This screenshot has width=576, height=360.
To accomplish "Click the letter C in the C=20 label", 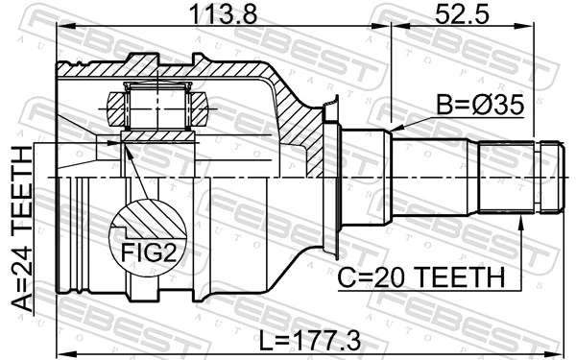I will point(348,278).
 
